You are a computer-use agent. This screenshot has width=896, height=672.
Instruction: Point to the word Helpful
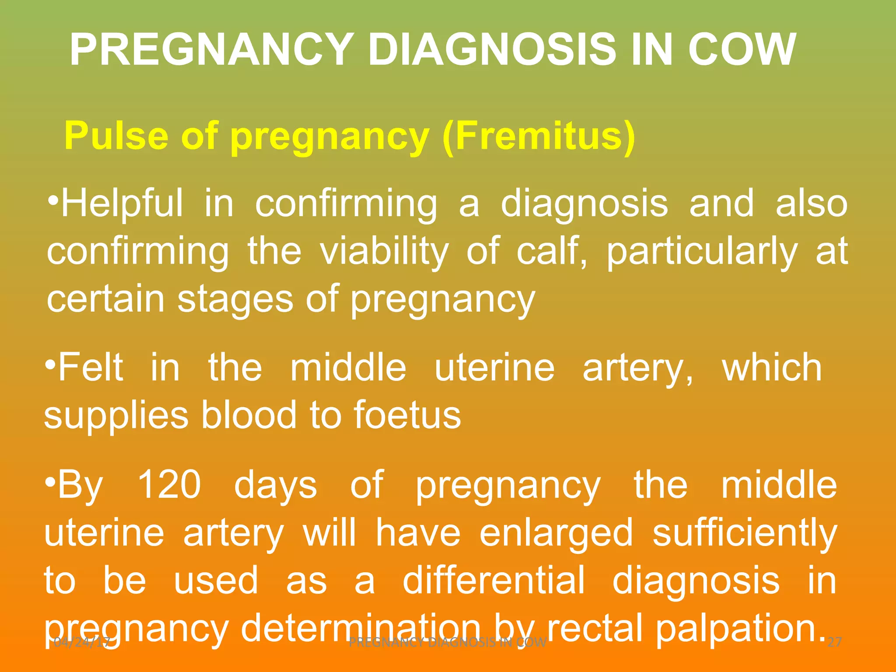click(x=122, y=203)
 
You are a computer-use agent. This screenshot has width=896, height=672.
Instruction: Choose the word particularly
click(x=702, y=252)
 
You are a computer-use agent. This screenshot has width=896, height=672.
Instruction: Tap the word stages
click(x=235, y=299)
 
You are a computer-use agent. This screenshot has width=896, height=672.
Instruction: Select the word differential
click(x=493, y=581)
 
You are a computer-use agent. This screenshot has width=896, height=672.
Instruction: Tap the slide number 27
click(x=835, y=642)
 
